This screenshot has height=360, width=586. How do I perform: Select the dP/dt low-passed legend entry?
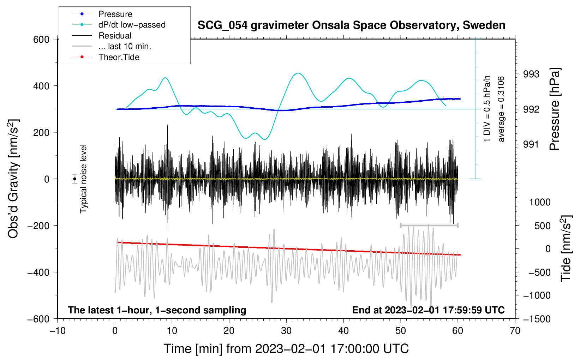[x=132, y=25]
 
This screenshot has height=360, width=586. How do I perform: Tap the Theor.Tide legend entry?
[x=119, y=57]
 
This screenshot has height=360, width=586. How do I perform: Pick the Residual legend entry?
[x=115, y=36]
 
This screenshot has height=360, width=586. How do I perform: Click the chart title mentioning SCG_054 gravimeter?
[x=351, y=25]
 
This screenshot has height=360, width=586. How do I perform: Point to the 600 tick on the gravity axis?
[x=41, y=40]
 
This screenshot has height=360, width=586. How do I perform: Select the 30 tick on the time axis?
[x=286, y=331]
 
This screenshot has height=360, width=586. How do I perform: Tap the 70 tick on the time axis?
[x=515, y=331]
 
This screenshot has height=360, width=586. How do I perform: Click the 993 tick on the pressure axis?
[x=531, y=74]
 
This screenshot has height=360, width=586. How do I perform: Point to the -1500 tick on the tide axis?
[x=537, y=319]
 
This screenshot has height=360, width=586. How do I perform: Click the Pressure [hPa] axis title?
[x=555, y=109]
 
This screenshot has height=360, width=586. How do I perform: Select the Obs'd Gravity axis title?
[x=13, y=179]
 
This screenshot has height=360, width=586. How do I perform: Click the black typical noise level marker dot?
[x=75, y=179]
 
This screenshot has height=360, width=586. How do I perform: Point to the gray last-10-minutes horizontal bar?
[x=429, y=225]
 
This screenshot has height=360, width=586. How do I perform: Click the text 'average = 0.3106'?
[x=501, y=109]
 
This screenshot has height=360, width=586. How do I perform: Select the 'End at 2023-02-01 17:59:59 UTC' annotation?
[x=428, y=310]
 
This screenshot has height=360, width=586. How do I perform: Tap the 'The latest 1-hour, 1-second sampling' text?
[x=157, y=310]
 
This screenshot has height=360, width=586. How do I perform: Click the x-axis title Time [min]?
[x=286, y=349]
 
